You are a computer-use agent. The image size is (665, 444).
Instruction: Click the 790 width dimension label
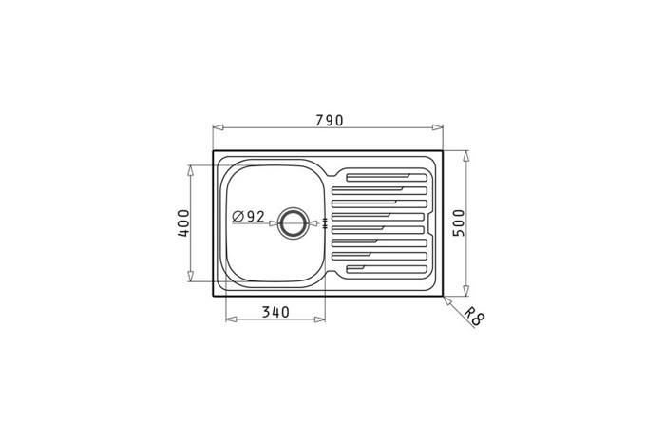(329, 121)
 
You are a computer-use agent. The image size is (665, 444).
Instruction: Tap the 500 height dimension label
(459, 222)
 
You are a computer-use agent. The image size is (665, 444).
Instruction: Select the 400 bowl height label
(183, 222)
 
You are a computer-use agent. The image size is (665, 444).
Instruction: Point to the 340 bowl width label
(275, 312)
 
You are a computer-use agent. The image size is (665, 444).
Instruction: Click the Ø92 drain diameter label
(249, 217)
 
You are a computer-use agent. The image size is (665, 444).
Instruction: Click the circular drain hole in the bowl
(292, 222)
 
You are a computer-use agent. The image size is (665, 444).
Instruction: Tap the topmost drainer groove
(387, 178)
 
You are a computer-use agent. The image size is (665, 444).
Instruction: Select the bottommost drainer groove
(387, 269)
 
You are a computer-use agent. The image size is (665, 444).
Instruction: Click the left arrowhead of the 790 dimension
(218, 127)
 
